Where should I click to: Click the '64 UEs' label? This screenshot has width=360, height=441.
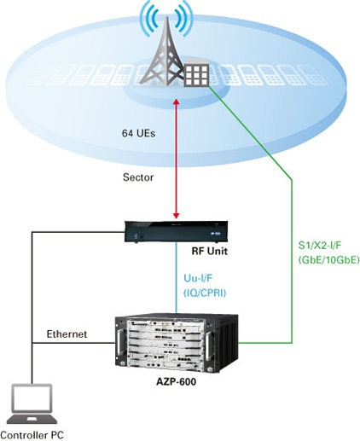click(x=139, y=133)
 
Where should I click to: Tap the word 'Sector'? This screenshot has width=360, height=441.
click(x=138, y=177)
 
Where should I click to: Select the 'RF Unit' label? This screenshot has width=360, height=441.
click(x=210, y=251)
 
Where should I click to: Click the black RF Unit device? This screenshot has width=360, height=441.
click(x=176, y=231)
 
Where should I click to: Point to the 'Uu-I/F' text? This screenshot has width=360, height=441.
click(x=198, y=278)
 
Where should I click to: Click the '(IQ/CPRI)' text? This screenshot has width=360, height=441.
click(x=205, y=293)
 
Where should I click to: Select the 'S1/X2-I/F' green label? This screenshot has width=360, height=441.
click(x=319, y=246)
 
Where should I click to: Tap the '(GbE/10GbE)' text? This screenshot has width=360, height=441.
click(x=328, y=259)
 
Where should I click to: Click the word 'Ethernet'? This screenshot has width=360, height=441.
click(x=67, y=334)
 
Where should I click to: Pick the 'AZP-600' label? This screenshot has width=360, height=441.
click(x=177, y=381)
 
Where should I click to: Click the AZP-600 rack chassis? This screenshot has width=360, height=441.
click(x=177, y=342)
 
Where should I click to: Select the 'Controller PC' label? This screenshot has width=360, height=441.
click(x=32, y=435)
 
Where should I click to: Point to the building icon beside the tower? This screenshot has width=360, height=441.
click(x=197, y=73)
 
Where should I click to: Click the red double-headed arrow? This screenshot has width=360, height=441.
click(x=177, y=159)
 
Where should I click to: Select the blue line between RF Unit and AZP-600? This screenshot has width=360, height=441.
click(x=177, y=278)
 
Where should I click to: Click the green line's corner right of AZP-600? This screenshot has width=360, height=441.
click(x=292, y=343)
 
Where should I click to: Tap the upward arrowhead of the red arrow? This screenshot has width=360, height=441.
click(x=177, y=102)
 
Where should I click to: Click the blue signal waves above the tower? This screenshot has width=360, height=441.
click(x=166, y=19)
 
